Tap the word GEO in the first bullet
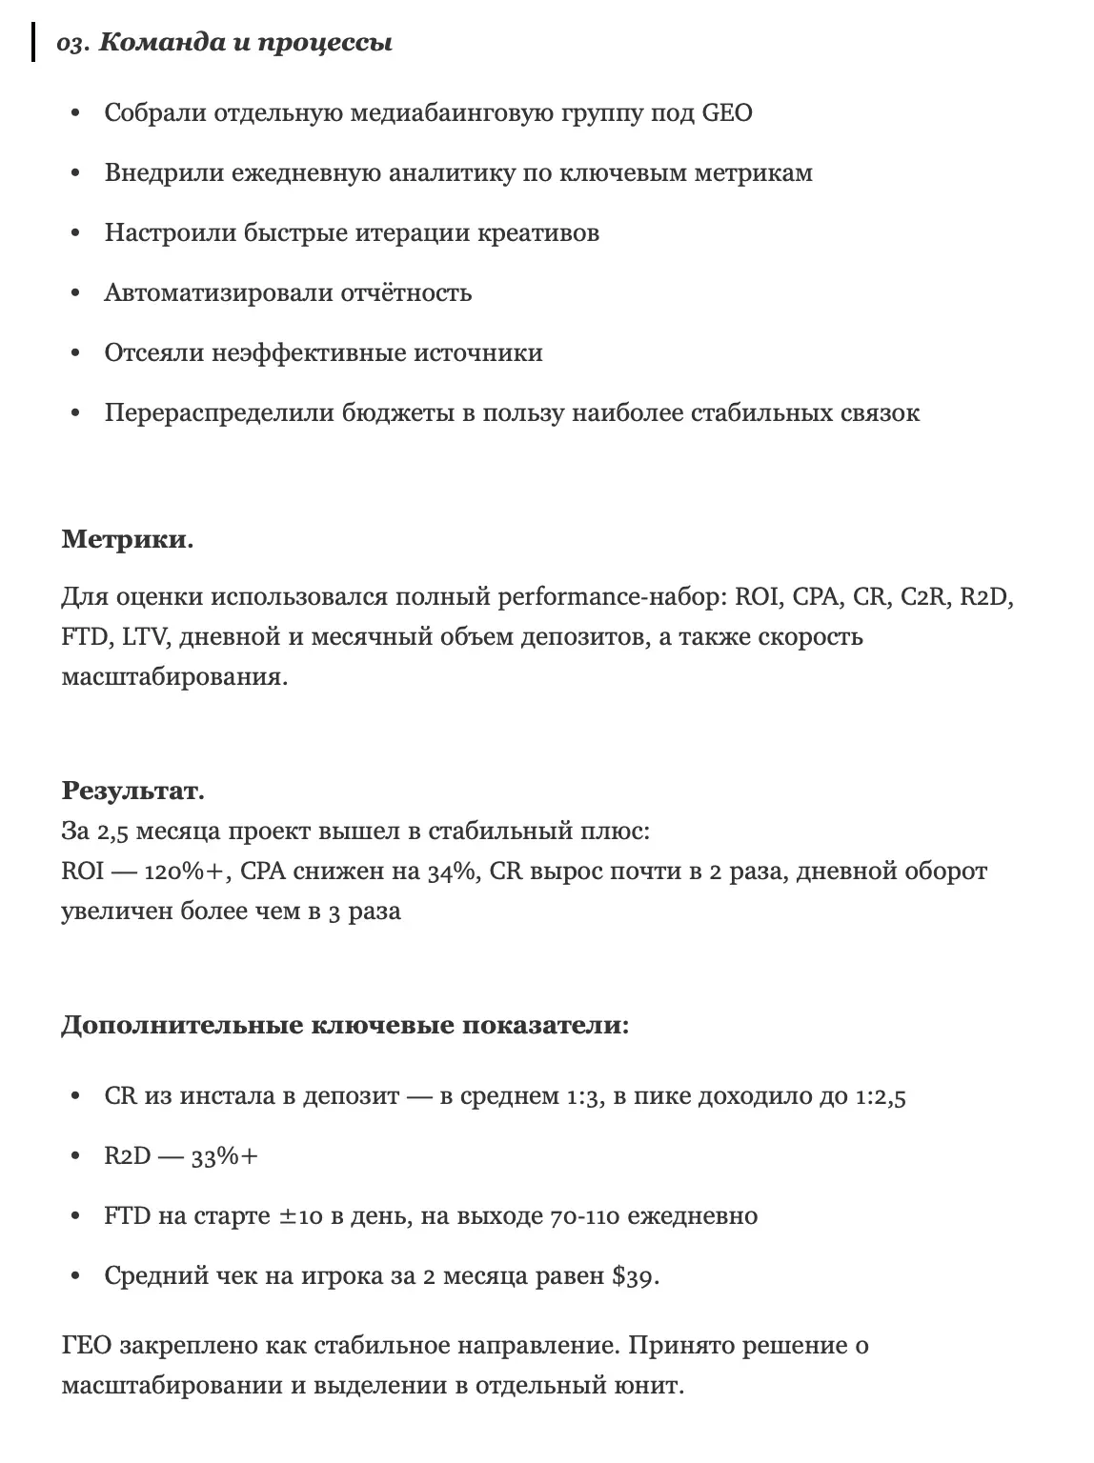726,113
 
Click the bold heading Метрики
127,539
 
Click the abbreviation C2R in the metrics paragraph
922,597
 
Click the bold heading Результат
132,791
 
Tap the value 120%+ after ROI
186,872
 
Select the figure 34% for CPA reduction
452,872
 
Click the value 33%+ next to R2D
225,1156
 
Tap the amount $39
637,1276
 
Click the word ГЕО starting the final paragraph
88,1346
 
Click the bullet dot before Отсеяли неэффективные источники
76,353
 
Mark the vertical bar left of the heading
34,44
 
